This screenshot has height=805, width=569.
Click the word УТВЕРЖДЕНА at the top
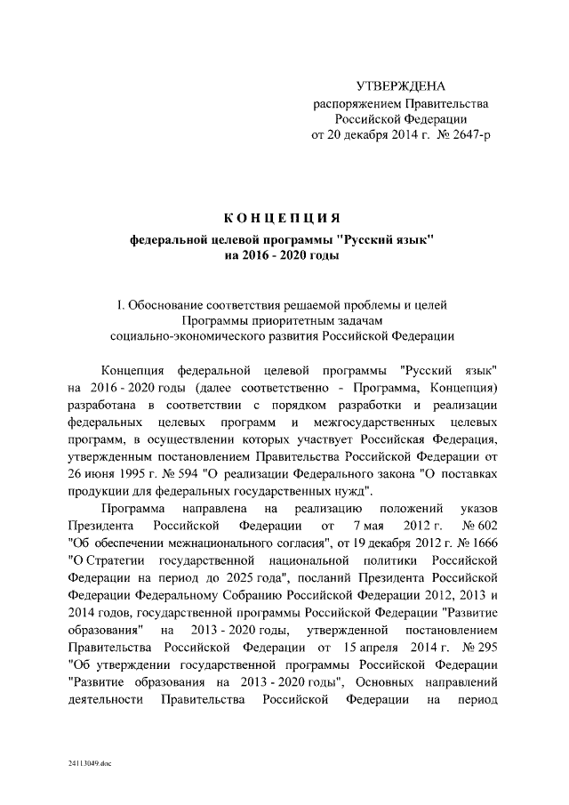tap(399, 86)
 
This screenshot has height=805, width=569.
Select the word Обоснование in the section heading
tap(175, 305)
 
